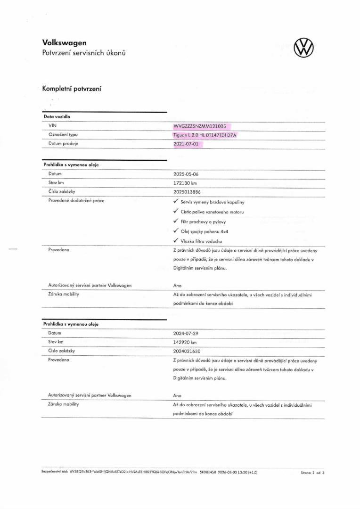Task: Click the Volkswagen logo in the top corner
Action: click(303, 48)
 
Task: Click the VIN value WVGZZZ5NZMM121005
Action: click(200, 126)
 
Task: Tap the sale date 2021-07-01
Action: click(186, 144)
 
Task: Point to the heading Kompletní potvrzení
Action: click(72, 89)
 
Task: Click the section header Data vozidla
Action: click(57, 116)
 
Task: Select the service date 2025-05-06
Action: click(186, 174)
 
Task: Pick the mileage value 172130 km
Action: click(185, 183)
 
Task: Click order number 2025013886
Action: click(187, 192)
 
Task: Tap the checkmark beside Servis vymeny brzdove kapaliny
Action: click(176, 201)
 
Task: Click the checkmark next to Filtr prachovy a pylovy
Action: click(176, 221)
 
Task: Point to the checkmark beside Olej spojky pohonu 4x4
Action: click(176, 231)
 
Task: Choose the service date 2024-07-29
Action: click(186, 333)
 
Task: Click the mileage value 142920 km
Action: click(185, 342)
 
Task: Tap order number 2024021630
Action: click(187, 351)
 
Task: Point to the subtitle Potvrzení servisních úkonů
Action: click(84, 52)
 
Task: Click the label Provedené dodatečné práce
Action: click(76, 201)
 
